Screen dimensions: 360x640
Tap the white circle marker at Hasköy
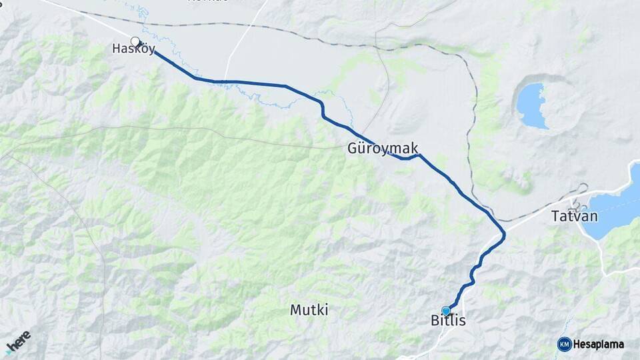135,42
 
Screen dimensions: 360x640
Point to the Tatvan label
575,217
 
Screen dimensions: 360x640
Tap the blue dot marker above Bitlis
446,310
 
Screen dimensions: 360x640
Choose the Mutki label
309,310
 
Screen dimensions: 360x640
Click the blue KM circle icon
564,344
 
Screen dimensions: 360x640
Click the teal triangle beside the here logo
9,351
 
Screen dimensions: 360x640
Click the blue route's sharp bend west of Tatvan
503,233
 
